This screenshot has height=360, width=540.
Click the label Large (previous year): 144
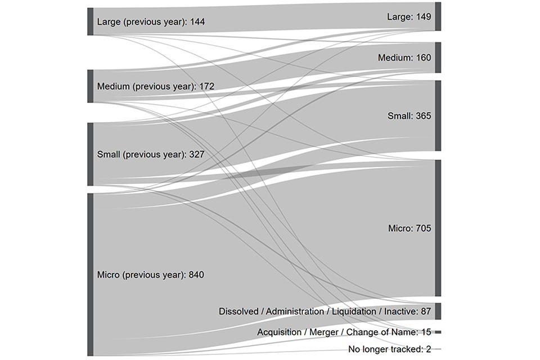(151, 22)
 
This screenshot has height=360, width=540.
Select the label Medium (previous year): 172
(155, 87)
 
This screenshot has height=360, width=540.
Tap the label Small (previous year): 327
(150, 154)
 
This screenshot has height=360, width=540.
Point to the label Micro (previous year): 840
(150, 275)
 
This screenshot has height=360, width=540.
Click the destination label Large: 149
(409, 17)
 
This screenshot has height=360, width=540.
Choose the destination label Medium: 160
(404, 58)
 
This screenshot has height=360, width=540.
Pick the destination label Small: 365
(409, 116)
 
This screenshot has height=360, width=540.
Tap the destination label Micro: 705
(409, 228)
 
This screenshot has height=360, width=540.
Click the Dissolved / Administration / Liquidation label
(325, 311)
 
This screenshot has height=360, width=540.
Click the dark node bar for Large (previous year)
(91, 21)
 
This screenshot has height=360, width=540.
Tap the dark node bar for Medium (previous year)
(91, 86)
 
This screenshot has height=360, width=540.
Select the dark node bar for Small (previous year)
(91, 154)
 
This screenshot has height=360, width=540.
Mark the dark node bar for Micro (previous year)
(91, 274)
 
